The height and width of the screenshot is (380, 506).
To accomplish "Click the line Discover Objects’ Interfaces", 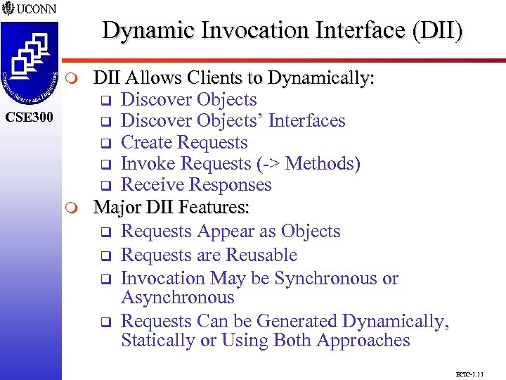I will (233, 121).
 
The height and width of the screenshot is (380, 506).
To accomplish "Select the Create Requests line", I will (184, 142).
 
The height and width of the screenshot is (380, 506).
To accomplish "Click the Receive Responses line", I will (196, 184).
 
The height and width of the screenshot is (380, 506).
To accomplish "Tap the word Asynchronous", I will (177, 298).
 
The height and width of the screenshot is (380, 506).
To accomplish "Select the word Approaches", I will (363, 341).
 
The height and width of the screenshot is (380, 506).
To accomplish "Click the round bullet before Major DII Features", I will (79, 208).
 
